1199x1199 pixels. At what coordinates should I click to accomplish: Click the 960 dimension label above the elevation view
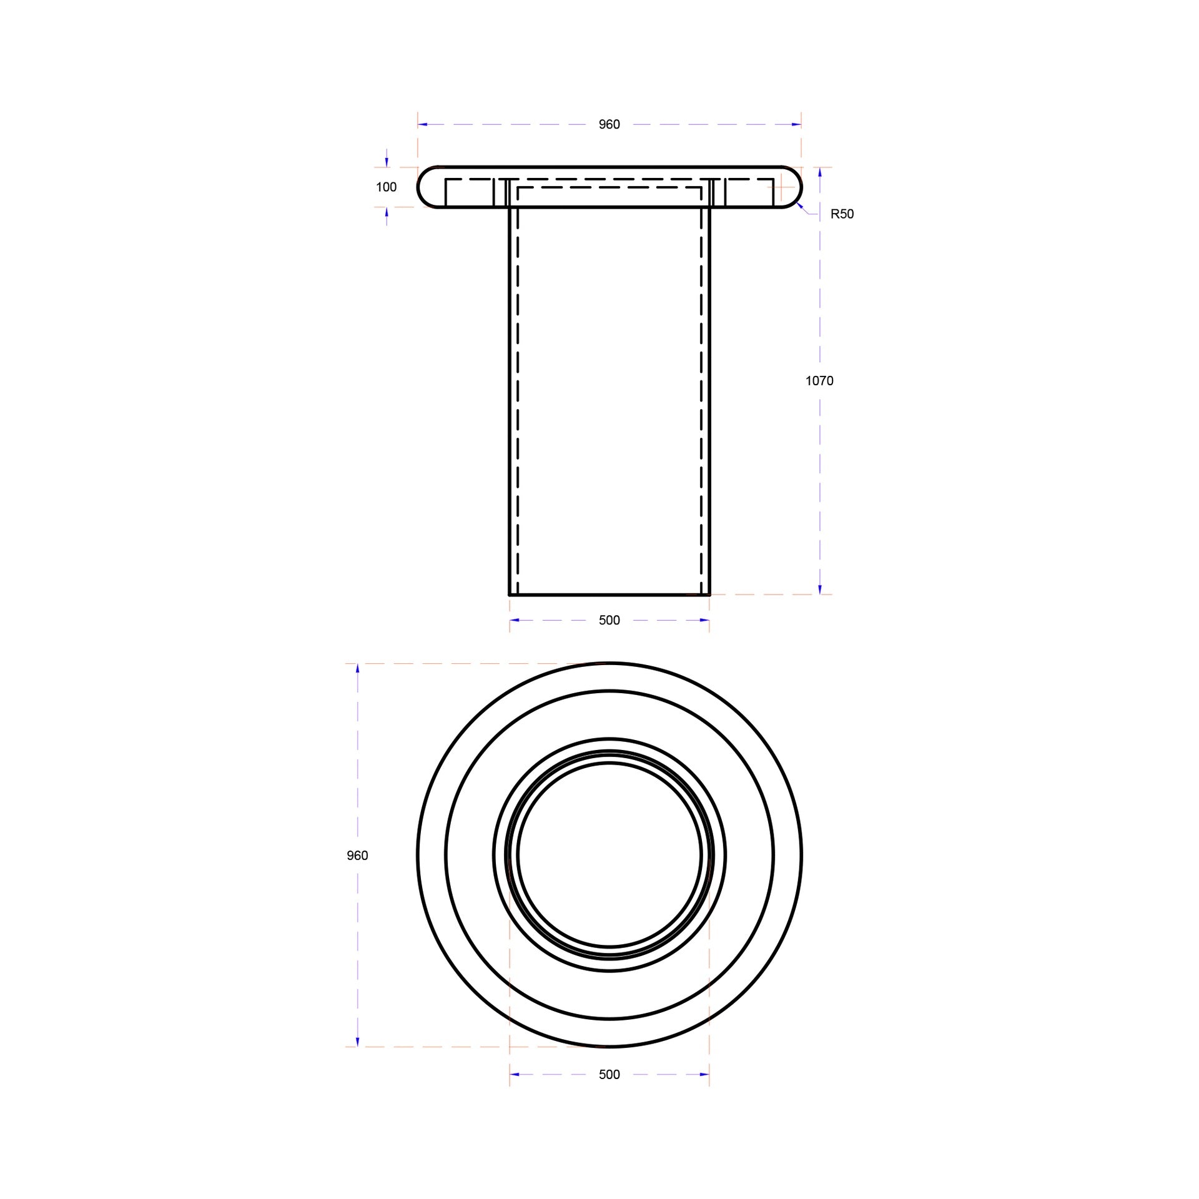[609, 124]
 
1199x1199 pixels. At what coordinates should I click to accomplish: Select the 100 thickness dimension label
[386, 187]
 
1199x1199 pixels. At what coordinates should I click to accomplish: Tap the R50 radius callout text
[842, 214]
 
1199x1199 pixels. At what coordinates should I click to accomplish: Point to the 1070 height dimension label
[819, 380]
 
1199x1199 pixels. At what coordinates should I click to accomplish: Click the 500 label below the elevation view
[609, 620]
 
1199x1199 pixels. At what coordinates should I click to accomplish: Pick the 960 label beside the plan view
[357, 856]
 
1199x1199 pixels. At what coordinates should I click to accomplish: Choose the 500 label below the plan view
[609, 1074]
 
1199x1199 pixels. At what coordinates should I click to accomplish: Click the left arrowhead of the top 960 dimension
[423, 124]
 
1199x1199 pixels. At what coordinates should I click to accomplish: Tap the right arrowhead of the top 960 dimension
[796, 124]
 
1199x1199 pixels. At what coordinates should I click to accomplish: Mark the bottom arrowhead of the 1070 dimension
[820, 590]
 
